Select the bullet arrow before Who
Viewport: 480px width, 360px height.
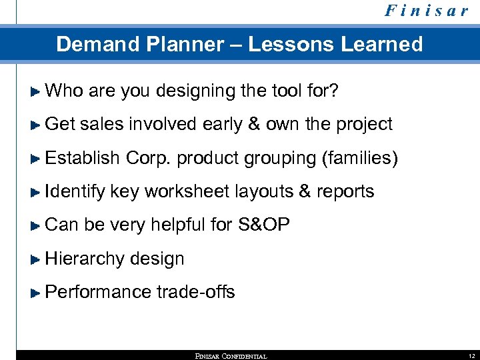(37, 90)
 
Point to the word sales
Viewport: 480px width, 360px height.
(103, 124)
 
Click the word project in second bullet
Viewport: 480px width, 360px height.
(364, 124)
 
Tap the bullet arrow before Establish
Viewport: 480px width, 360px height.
(37, 158)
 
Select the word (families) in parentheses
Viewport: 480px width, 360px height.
(359, 158)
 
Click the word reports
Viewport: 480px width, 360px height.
(345, 192)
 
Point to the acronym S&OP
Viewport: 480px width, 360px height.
(263, 225)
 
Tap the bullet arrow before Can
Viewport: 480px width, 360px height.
(37, 225)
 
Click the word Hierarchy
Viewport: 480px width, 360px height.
(85, 259)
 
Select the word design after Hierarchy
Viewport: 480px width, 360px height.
(158, 259)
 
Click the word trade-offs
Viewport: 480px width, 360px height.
(196, 292)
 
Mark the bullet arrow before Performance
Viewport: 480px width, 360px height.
(37, 292)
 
